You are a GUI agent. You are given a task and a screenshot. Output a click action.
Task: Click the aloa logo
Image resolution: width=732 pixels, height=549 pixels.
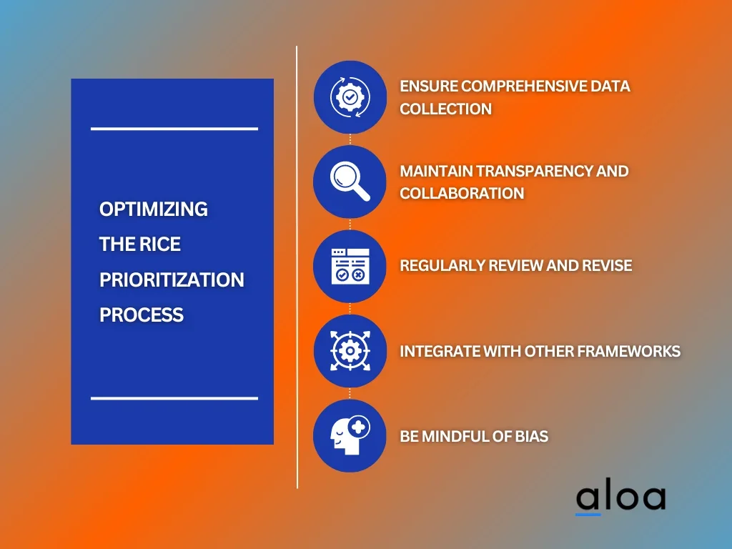pos(620,498)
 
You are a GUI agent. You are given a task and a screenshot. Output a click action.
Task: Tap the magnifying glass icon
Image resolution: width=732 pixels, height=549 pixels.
pos(350,181)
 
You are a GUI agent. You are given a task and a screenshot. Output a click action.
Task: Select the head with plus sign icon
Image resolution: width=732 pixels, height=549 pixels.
pos(350,435)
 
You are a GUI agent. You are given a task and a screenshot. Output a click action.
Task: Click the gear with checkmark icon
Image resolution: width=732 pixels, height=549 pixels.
pos(350,97)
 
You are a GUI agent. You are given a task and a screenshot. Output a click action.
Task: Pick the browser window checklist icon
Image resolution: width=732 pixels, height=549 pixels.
pos(350,266)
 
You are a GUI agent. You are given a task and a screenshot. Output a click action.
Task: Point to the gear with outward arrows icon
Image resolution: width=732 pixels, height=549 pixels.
pos(350,350)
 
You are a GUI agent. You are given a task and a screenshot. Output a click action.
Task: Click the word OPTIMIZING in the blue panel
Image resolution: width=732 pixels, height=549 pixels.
pos(154,209)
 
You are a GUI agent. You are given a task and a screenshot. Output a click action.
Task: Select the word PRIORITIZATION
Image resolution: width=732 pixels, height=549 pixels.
pos(172,280)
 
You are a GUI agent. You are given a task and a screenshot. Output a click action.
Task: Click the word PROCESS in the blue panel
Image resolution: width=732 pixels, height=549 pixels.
pos(142,315)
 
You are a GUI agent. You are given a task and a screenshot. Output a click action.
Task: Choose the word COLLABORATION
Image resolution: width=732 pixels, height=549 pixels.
pos(463,193)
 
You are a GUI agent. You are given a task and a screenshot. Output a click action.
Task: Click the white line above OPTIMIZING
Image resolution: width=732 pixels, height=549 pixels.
pos(174,129)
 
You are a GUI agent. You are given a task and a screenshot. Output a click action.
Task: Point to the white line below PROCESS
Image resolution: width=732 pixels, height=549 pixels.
pos(174,398)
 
